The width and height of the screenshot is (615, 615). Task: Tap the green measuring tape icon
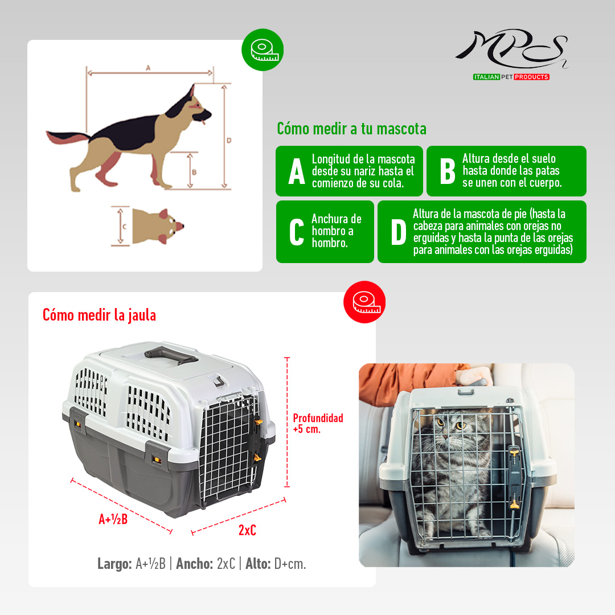pos(263,50)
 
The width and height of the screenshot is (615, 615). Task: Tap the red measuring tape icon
pos(364,302)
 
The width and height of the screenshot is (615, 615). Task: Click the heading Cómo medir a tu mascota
pos(351,129)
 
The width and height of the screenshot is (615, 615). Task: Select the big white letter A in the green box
pos(297,171)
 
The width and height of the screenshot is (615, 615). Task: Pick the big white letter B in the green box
pos(448,171)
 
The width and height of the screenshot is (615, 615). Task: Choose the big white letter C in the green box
pos(297,232)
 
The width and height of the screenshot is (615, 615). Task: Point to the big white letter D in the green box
pos(399,232)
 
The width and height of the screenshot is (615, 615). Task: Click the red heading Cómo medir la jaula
pos(99,315)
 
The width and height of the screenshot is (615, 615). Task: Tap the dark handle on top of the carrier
pos(171,354)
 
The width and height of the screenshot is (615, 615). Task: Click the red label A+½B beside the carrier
pos(113,519)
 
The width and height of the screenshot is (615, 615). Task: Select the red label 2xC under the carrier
pos(247,530)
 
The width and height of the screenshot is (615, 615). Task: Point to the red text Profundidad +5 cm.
pos(318,423)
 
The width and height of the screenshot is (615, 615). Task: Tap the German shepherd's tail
pos(67,137)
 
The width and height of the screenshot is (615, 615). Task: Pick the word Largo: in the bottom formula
pos(114,564)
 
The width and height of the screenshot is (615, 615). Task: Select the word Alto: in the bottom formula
pos(258,564)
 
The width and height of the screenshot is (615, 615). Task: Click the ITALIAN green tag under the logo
pos(486,77)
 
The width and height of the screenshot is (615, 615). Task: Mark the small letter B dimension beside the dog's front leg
pos(194,172)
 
